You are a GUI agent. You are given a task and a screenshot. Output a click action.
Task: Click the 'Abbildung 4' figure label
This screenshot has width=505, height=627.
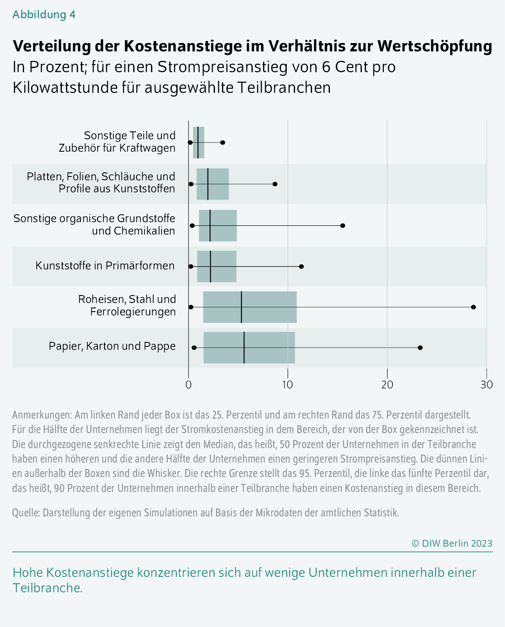point(44,15)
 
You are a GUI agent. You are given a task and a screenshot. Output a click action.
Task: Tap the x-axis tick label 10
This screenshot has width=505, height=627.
point(288,385)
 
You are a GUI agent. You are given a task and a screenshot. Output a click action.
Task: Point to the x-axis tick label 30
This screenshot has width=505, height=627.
point(486,385)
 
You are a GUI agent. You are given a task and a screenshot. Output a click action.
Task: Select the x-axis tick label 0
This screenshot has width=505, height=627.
point(189,385)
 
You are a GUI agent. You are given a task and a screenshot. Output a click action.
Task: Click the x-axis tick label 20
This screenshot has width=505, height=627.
point(387,385)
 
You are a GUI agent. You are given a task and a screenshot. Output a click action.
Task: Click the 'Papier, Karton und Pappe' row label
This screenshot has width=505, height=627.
point(112,346)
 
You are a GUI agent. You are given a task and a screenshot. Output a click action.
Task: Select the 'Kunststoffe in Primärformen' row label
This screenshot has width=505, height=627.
point(105,266)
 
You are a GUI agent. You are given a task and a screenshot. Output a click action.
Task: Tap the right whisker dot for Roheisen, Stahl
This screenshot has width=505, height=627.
point(473,307)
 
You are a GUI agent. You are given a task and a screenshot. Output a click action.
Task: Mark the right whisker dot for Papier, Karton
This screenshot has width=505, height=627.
point(420,348)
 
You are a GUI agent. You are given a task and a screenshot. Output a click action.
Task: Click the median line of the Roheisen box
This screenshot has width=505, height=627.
point(242,307)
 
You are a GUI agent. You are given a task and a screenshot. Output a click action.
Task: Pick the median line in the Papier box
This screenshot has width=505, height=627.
point(244,348)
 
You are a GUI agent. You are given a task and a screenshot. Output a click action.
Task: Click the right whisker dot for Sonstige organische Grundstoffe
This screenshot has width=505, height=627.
point(342,225)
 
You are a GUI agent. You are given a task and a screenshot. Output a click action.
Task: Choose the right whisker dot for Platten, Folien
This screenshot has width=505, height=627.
point(275,184)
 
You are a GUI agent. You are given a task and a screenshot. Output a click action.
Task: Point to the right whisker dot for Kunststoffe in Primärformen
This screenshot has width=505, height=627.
point(301,266)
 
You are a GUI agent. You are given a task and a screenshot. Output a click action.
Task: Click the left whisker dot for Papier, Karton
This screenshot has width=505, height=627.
point(194,348)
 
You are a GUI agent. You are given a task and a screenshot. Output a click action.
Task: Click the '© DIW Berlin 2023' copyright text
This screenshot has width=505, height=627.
point(452,543)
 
